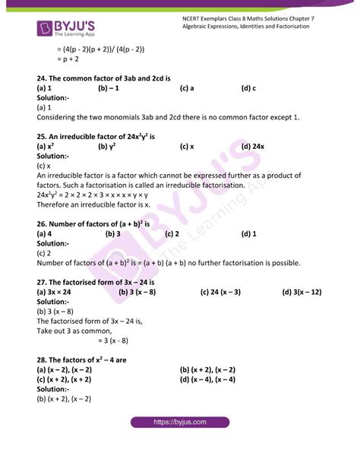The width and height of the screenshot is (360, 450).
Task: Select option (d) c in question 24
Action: pos(248,88)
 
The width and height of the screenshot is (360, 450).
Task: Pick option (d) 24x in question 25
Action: pos(253,146)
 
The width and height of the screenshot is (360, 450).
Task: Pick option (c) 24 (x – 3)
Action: pos(221,292)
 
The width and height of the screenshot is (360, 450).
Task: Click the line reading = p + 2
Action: pos(71,59)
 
